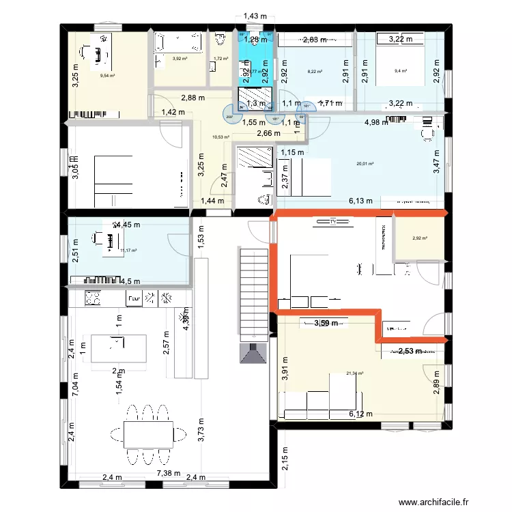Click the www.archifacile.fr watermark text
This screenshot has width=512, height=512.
[x=434, y=500]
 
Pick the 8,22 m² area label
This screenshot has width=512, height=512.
[x=315, y=71]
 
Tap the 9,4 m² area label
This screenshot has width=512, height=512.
[x=401, y=71]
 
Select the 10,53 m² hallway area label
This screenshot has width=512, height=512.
[x=220, y=137]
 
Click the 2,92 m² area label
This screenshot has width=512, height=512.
[x=419, y=238]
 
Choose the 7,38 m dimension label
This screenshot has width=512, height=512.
[x=168, y=473]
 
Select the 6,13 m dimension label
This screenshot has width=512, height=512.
[x=360, y=201]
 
